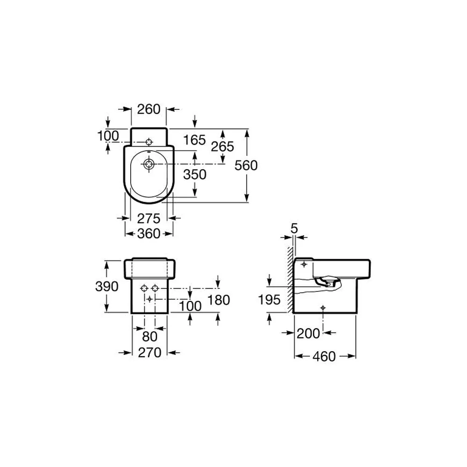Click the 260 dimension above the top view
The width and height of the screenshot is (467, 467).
149,109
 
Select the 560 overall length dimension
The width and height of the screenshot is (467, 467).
246,166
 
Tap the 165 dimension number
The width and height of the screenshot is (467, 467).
194,140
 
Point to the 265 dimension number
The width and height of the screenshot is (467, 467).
222,147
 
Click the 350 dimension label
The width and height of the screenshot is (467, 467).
195,175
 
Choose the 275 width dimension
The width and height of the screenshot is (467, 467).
149,219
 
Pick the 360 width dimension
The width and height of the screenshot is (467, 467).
149,234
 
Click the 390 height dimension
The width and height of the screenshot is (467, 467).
106,287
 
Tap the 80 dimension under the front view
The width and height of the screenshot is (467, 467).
149,337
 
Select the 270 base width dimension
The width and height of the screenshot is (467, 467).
149,353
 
